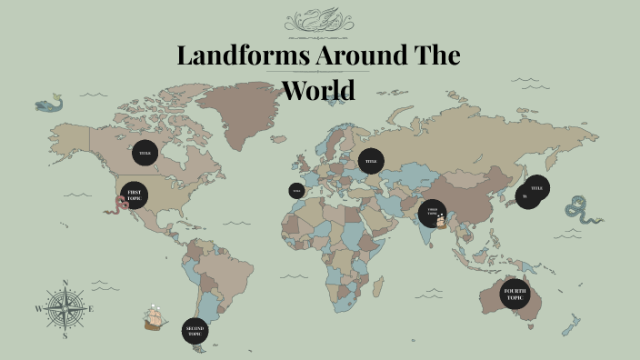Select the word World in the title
click(317, 90)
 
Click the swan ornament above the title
click(318, 19)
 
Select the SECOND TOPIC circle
click(195, 330)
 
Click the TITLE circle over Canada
click(145, 153)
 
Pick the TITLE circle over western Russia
click(371, 161)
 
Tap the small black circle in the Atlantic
click(296, 191)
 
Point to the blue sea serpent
click(579, 210)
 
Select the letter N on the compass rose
click(65, 283)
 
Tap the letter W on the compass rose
click(38, 309)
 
